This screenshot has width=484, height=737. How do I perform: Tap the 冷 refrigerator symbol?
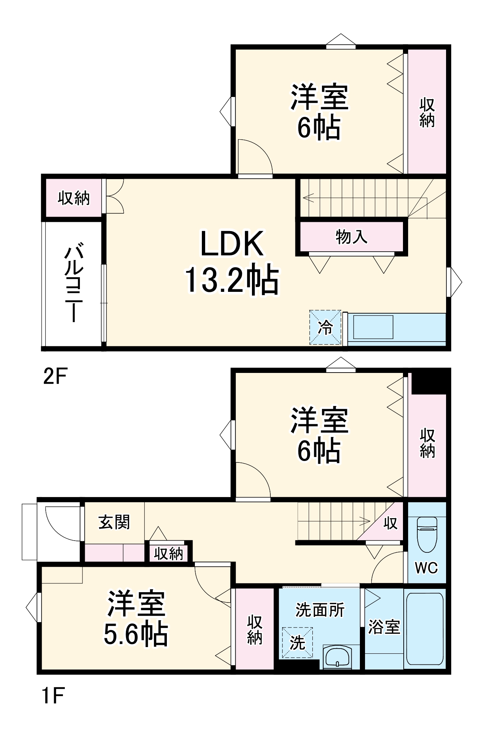click(x=325, y=327)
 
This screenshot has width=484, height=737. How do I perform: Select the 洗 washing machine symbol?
click(x=297, y=643)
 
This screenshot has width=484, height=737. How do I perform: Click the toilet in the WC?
click(x=427, y=534)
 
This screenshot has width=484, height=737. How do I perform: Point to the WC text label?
click(x=427, y=567)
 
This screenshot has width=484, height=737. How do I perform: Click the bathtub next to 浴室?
click(x=425, y=629)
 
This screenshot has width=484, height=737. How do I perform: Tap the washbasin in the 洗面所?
click(x=337, y=657)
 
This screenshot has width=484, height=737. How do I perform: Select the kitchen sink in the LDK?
click(x=373, y=327)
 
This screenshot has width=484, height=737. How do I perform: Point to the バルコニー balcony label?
click(x=74, y=282)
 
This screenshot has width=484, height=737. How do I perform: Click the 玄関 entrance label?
click(x=114, y=522)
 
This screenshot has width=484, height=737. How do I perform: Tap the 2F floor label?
click(x=55, y=376)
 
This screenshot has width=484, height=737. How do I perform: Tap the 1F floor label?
click(x=53, y=696)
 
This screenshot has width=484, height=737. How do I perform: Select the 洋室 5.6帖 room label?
click(x=136, y=619)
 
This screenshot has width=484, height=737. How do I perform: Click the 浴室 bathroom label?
click(x=384, y=627)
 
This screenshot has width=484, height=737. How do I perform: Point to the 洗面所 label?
click(x=320, y=610)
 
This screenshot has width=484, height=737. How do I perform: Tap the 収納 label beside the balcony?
click(x=74, y=198)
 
